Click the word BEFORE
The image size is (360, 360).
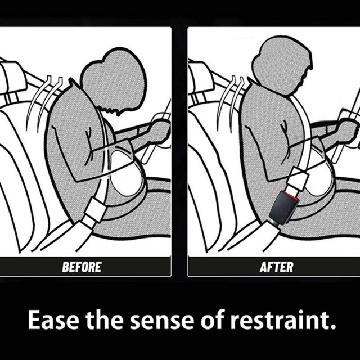click(x=82, y=267)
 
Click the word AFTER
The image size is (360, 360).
click(x=276, y=267)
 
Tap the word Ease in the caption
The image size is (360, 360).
click(x=53, y=320)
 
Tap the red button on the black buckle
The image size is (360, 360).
click(x=291, y=195)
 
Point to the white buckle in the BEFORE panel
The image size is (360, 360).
click(x=95, y=209)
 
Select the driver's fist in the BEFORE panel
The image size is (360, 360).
click(x=159, y=132)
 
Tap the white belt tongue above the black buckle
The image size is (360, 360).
click(x=297, y=181)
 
